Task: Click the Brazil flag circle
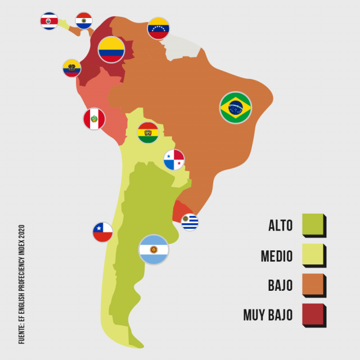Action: coord(236,107)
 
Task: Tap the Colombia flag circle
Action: coord(111,50)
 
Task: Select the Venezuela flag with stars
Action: coord(158,28)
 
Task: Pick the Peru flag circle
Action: coord(94,119)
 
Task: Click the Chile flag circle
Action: coord(102,232)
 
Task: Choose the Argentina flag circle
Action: coord(154,250)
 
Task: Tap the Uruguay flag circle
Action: coord(190,222)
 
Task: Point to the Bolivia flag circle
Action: coord(148,133)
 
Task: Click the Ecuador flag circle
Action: coord(72,68)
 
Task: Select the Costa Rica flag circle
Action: coord(49,21)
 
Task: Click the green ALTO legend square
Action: coord(313,224)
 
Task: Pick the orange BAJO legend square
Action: coord(313,285)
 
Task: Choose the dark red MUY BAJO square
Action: coord(313,314)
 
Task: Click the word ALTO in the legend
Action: coord(280,226)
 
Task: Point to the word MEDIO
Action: coord(277,256)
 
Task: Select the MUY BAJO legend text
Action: coord(268,315)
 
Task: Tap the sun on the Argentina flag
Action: coord(154,250)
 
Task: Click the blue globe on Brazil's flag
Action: coord(236,107)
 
